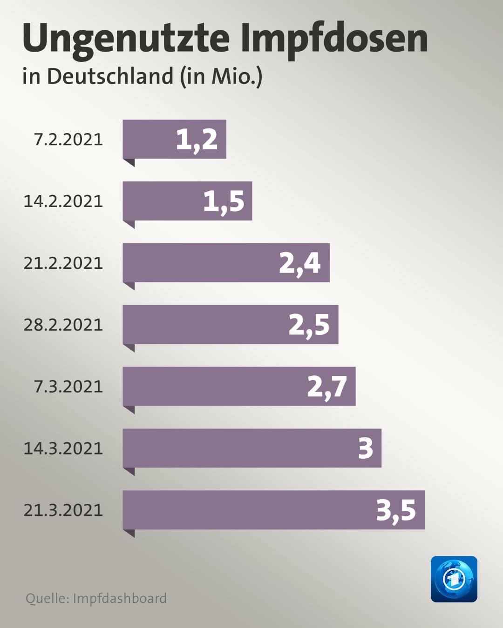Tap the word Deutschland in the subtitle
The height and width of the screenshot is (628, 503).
tap(110, 76)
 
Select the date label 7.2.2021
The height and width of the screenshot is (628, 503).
tap(68, 140)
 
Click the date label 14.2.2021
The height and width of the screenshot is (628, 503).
tap(63, 201)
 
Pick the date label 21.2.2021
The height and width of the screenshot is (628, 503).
tap(63, 263)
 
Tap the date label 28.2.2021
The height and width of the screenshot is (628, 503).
tap(63, 325)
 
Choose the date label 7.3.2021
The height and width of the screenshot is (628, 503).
tap(68, 387)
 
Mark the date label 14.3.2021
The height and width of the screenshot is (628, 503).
tap(63, 448)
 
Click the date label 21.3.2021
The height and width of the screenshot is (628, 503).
tap(63, 510)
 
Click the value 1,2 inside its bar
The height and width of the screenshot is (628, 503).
tap(197, 140)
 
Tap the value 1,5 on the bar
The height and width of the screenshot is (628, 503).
tap(224, 202)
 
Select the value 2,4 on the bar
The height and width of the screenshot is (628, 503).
tap(300, 264)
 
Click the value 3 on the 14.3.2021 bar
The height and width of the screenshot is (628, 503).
tap(366, 448)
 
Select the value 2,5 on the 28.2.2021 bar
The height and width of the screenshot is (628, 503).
tap(309, 326)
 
